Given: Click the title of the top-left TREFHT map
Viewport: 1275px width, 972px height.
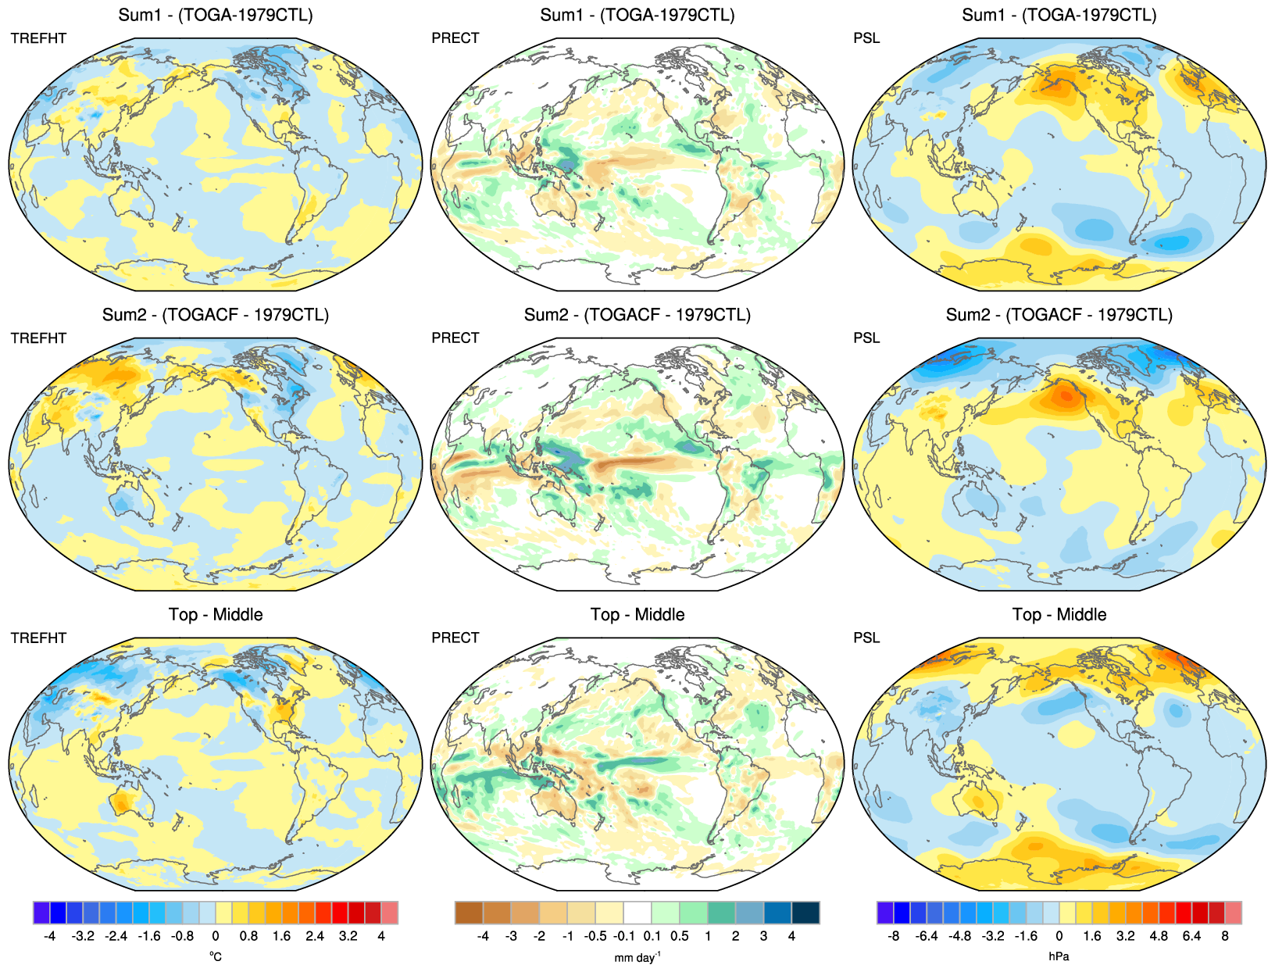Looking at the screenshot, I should (x=215, y=15).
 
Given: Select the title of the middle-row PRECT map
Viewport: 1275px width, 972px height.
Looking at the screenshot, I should (x=637, y=315).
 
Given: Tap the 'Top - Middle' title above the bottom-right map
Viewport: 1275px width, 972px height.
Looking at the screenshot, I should (x=1059, y=615).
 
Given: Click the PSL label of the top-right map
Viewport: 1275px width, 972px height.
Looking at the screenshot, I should (x=866, y=38).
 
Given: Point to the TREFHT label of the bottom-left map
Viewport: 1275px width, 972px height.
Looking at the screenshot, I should (x=38, y=638).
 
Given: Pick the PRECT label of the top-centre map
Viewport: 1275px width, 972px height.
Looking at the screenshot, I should (x=455, y=38).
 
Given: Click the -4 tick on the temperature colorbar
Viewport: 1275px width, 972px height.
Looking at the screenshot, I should (x=50, y=936).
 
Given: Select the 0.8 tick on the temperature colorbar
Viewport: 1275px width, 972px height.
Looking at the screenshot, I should (x=248, y=936).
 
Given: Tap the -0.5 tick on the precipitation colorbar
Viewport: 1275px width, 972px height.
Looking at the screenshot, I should (x=595, y=936).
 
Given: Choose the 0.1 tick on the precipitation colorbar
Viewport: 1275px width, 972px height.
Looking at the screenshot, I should (x=652, y=936).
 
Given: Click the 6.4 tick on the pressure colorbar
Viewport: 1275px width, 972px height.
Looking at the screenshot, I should (x=1191, y=936).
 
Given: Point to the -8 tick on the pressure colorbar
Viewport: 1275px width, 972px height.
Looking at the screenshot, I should (x=894, y=936).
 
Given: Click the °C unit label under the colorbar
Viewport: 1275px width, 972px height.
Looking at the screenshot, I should (x=216, y=956).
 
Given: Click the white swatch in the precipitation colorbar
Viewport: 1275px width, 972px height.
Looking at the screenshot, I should (x=637, y=913).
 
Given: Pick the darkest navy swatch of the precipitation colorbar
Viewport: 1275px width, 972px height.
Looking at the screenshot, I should (x=805, y=913).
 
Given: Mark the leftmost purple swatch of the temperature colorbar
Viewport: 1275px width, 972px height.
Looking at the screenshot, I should (x=41, y=913).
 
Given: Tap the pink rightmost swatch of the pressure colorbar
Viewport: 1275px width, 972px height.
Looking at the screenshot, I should (x=1233, y=913).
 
